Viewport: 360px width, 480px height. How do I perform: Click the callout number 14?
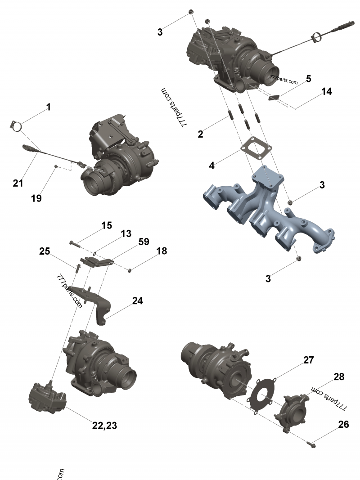(x=327, y=91)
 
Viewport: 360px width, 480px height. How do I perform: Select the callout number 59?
(x=144, y=242)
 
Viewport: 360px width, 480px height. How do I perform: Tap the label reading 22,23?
(x=105, y=425)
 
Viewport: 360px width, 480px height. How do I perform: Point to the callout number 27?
(x=308, y=360)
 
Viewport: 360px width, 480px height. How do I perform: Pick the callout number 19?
(x=36, y=197)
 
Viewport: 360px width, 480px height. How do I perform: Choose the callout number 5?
(x=308, y=79)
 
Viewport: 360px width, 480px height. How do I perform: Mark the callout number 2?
(x=201, y=134)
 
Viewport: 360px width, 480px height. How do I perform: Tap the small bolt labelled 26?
(x=311, y=444)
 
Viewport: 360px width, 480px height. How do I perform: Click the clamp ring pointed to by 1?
(x=17, y=126)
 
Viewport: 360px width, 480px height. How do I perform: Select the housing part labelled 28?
(x=293, y=412)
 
